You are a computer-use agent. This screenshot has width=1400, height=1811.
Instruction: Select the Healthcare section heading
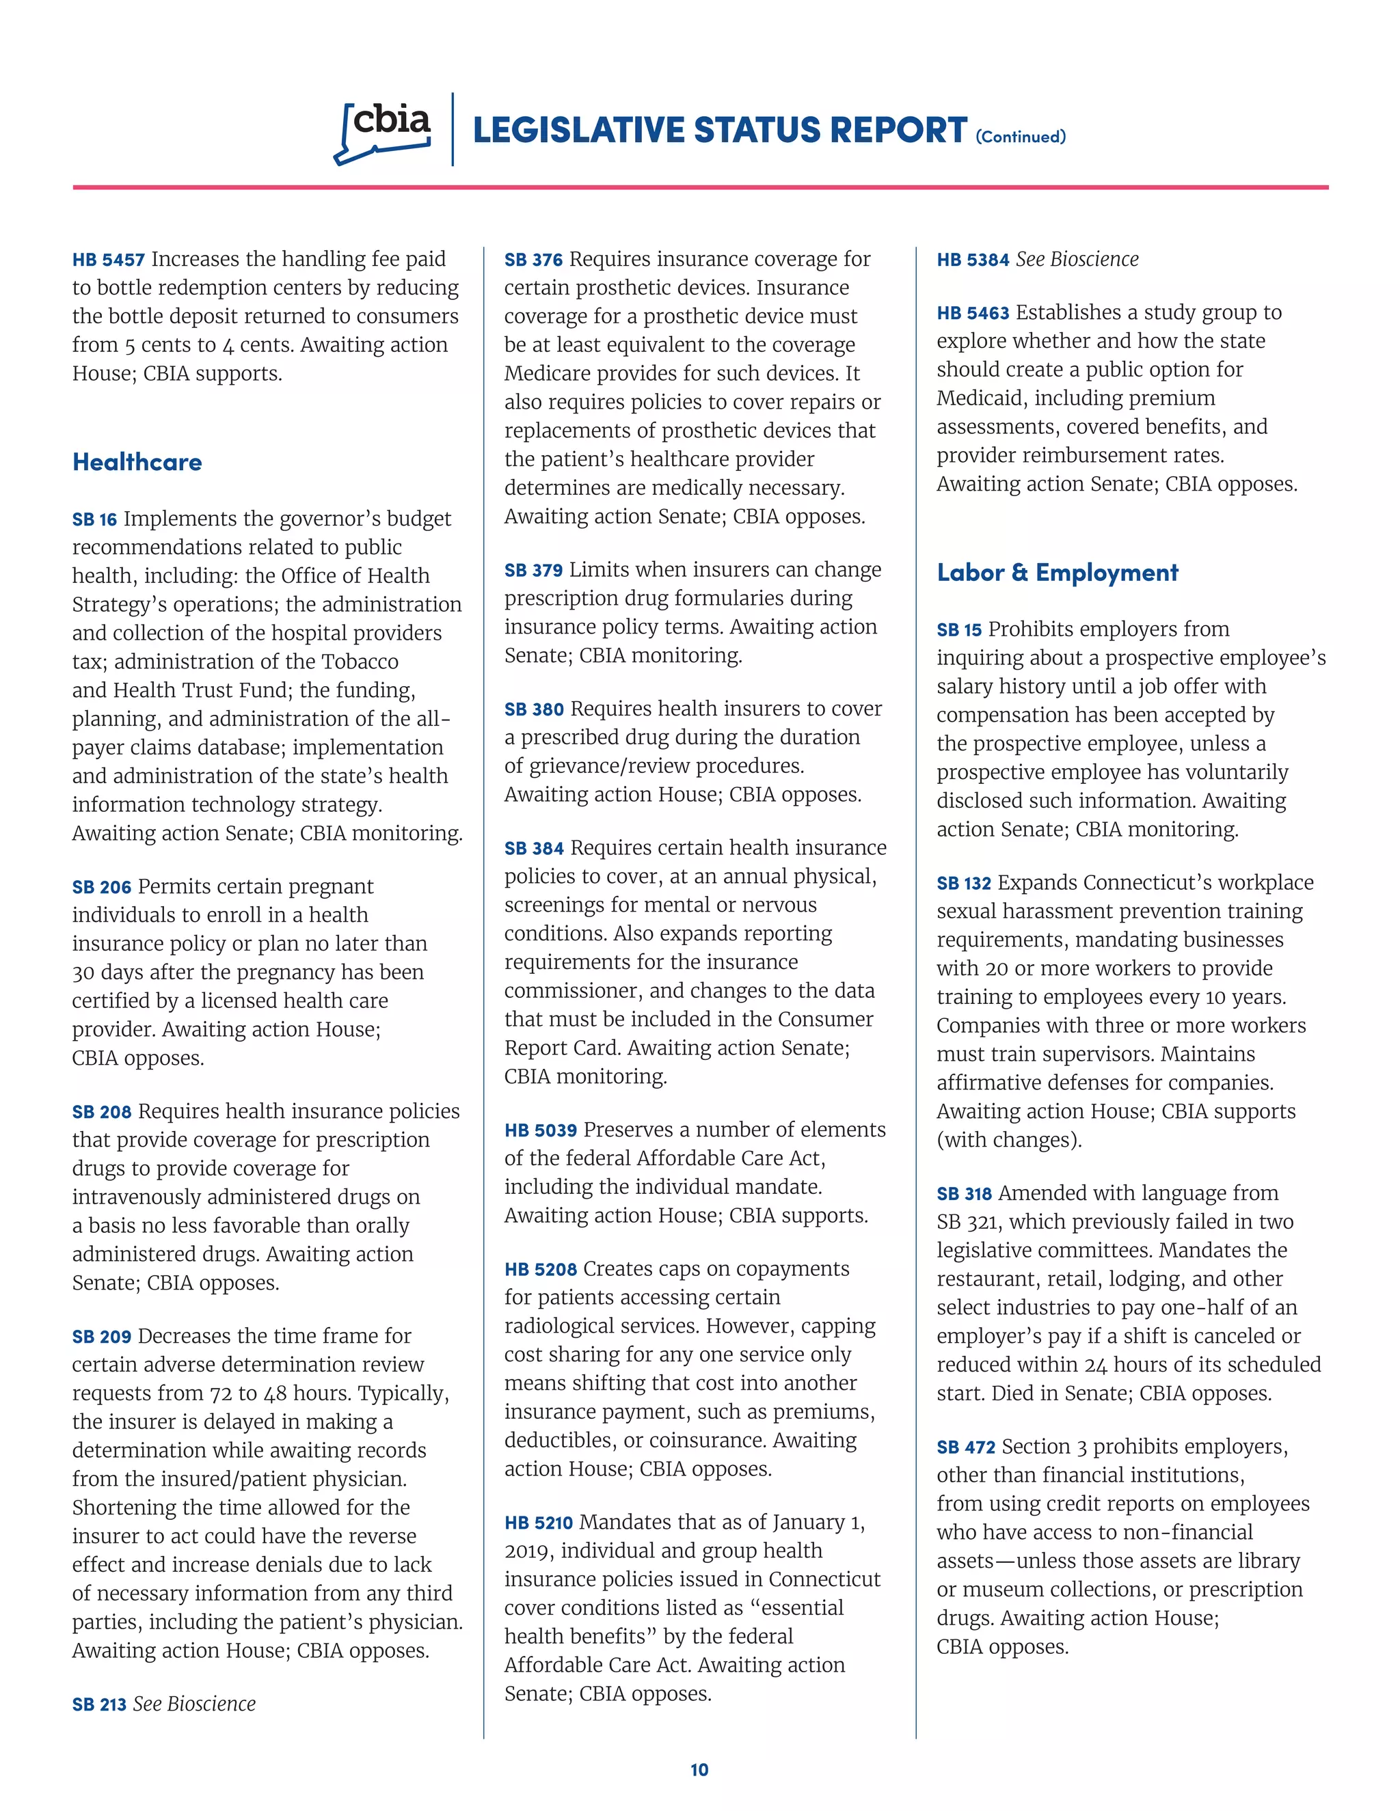[x=137, y=462]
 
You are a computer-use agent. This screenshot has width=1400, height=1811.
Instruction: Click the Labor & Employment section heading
[x=1057, y=572]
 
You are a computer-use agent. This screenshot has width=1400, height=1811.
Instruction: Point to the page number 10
[x=699, y=1769]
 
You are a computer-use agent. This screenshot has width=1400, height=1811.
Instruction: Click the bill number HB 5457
[x=108, y=260]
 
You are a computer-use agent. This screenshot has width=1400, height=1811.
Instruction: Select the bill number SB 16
[x=94, y=520]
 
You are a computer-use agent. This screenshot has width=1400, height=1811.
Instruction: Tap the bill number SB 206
[x=101, y=887]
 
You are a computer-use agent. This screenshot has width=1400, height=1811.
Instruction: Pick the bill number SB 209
[x=101, y=1337]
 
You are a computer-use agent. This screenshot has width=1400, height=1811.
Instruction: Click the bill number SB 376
[x=533, y=260]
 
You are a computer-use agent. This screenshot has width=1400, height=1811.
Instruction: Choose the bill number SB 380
[x=533, y=710]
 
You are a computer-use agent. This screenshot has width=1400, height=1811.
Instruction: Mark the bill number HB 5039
[x=540, y=1131]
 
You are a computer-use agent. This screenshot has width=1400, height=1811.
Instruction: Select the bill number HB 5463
[x=973, y=314]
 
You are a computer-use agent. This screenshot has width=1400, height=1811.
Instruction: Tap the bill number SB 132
[x=964, y=884]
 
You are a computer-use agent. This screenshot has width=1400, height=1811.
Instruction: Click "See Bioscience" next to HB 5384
[x=1077, y=260]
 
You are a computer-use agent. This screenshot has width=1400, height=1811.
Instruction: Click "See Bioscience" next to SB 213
[x=194, y=1704]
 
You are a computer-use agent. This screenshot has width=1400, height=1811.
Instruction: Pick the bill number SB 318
[x=964, y=1194]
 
